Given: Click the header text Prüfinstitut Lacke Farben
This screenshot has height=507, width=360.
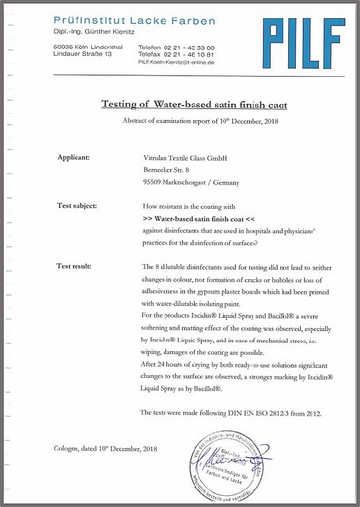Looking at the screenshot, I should (134, 21).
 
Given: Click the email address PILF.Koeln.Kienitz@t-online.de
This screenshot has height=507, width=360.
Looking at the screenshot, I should (176, 62).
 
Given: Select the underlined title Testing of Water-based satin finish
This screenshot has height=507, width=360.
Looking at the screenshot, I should (194, 104).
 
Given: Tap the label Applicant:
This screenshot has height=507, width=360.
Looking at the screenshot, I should (74, 157).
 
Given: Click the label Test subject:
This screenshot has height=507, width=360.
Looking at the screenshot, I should (77, 206).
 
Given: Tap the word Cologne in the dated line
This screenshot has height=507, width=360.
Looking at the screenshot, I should (67, 448).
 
